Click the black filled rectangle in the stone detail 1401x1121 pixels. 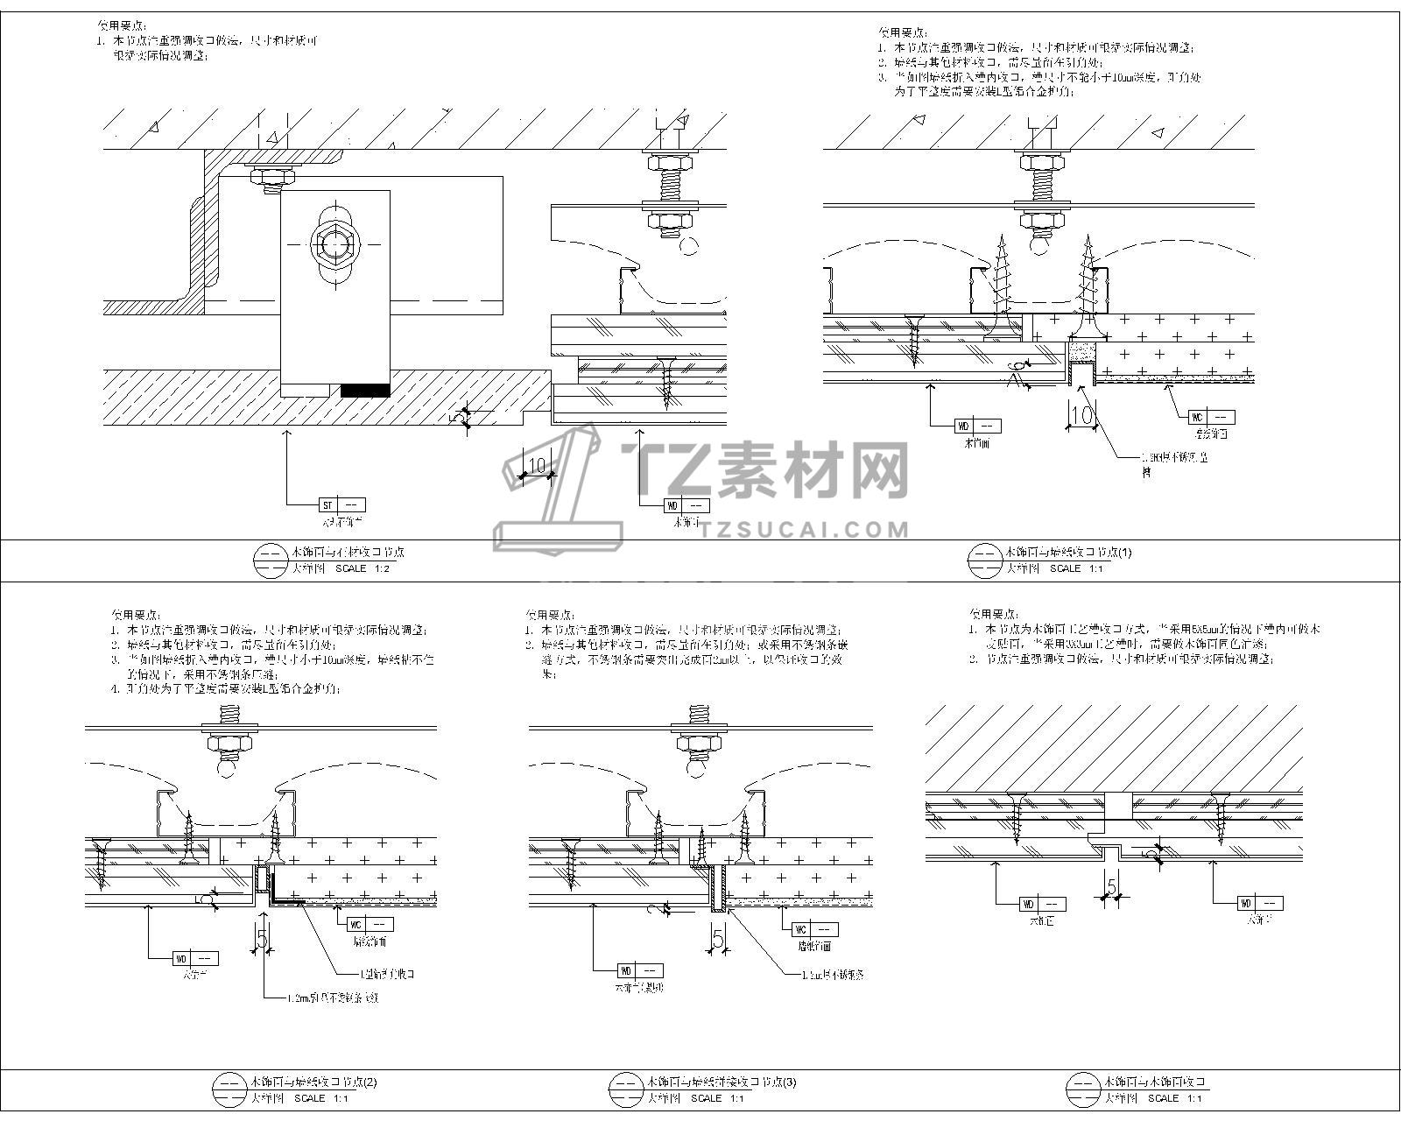click(365, 389)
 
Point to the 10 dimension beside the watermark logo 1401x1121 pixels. click(537, 464)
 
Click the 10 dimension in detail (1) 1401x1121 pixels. click(1082, 415)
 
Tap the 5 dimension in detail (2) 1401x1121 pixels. click(261, 939)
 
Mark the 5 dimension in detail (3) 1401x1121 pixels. click(718, 939)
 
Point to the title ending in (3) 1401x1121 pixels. click(721, 1082)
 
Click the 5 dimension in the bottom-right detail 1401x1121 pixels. click(1112, 887)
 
